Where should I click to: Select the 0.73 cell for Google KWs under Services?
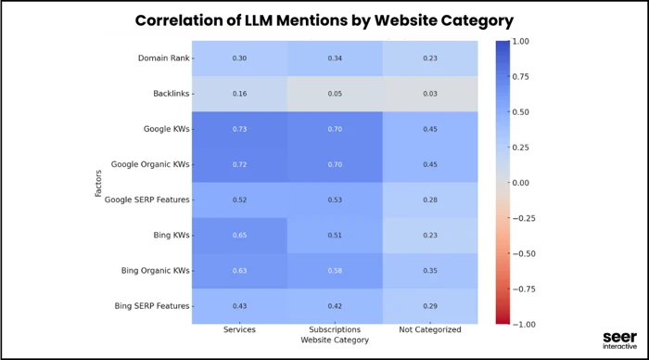[239, 130]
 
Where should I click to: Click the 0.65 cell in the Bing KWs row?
[239, 236]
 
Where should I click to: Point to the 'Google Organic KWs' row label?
[148, 165]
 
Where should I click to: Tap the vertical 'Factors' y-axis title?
[98, 182]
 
